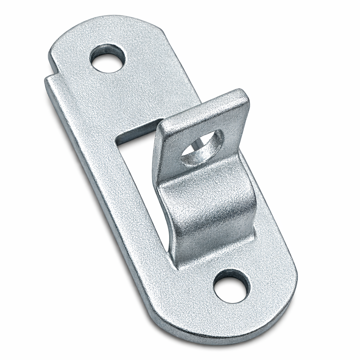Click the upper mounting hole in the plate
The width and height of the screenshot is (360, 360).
pos(108,58)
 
